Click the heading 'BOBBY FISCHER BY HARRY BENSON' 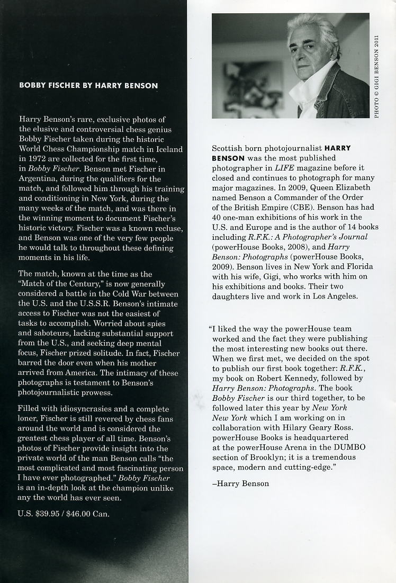(x=88, y=85)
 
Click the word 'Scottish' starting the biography (x=227, y=149)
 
